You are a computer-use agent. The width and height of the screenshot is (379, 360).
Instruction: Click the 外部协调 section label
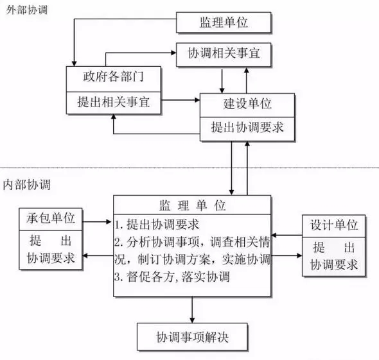(26, 10)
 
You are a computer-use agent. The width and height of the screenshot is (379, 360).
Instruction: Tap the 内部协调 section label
(26, 185)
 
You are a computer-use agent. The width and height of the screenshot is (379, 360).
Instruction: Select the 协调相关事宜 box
(224, 55)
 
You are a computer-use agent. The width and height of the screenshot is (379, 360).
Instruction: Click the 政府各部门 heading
(113, 76)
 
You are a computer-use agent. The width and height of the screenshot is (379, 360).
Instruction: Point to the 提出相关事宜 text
(113, 102)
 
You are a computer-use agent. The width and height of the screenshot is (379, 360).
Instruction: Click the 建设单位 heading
(247, 104)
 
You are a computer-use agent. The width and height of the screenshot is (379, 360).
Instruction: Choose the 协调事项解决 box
(193, 337)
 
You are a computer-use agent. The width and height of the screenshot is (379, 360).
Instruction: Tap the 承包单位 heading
(51, 218)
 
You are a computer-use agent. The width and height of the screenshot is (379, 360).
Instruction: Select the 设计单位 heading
(334, 225)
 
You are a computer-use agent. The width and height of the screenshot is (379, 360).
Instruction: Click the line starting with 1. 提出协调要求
(157, 225)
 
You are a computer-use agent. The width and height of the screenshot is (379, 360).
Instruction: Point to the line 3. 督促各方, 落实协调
(172, 277)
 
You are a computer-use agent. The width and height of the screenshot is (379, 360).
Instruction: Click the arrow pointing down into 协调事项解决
(192, 310)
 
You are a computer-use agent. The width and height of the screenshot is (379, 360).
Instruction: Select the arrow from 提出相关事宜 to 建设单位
(181, 99)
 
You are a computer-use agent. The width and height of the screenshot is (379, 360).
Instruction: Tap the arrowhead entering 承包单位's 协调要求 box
(85, 255)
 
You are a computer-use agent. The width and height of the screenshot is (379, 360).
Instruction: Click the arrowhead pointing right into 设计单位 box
(299, 255)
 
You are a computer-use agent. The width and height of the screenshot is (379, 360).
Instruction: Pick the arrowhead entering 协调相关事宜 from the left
(173, 53)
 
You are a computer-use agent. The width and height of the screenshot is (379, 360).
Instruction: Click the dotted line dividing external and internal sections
(189, 167)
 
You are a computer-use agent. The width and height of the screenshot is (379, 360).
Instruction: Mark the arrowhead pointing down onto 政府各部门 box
(75, 64)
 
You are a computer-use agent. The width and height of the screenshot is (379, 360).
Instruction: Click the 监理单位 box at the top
(224, 22)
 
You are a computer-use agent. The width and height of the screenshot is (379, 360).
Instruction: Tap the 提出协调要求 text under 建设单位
(247, 127)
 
